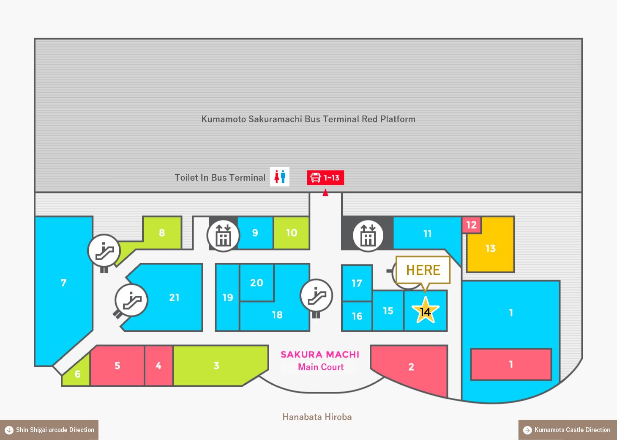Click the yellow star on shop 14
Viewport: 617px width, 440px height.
425,311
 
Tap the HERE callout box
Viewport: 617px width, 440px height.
423,270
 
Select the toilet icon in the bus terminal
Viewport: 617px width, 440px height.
280,176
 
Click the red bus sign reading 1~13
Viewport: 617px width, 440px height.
325,178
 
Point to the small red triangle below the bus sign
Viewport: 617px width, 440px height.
325,192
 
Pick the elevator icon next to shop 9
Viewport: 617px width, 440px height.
224,236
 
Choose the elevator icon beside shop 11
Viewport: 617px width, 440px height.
368,236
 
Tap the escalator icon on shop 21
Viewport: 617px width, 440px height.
131,300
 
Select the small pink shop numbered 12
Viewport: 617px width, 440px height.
472,225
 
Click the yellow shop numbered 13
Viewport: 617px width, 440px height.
491,248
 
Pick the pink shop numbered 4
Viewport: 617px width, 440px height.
158,366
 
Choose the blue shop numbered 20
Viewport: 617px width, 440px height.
257,283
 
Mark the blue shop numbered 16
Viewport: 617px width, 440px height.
357,316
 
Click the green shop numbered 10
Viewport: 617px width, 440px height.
292,233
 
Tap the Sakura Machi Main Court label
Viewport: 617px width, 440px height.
320,360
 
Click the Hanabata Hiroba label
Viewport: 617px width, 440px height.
317,417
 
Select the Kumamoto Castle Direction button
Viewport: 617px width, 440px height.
568,430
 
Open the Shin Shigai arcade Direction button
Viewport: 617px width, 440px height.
49,430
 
